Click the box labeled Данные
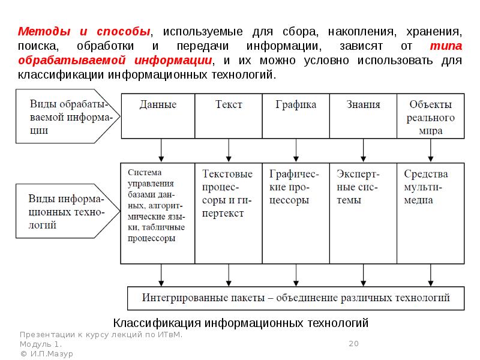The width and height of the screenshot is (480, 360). (158, 116)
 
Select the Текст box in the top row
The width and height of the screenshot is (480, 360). (229, 116)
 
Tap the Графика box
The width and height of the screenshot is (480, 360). (296, 116)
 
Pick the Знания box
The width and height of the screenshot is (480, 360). (363, 116)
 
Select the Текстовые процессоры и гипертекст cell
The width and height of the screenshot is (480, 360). (228, 213)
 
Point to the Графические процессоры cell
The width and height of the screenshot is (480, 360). (295, 213)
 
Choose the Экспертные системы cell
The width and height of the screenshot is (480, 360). (363, 213)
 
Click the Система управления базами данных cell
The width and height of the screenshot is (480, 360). (158, 213)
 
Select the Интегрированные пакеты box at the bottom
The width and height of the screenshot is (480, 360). (296, 298)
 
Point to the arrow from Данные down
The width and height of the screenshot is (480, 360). (161, 150)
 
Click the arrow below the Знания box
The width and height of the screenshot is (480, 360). (363, 150)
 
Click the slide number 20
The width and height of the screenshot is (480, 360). (353, 343)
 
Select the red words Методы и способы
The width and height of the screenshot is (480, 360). (83, 31)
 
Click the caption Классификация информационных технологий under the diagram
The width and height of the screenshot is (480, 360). (241, 323)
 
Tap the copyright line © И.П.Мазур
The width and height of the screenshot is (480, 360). (46, 354)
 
